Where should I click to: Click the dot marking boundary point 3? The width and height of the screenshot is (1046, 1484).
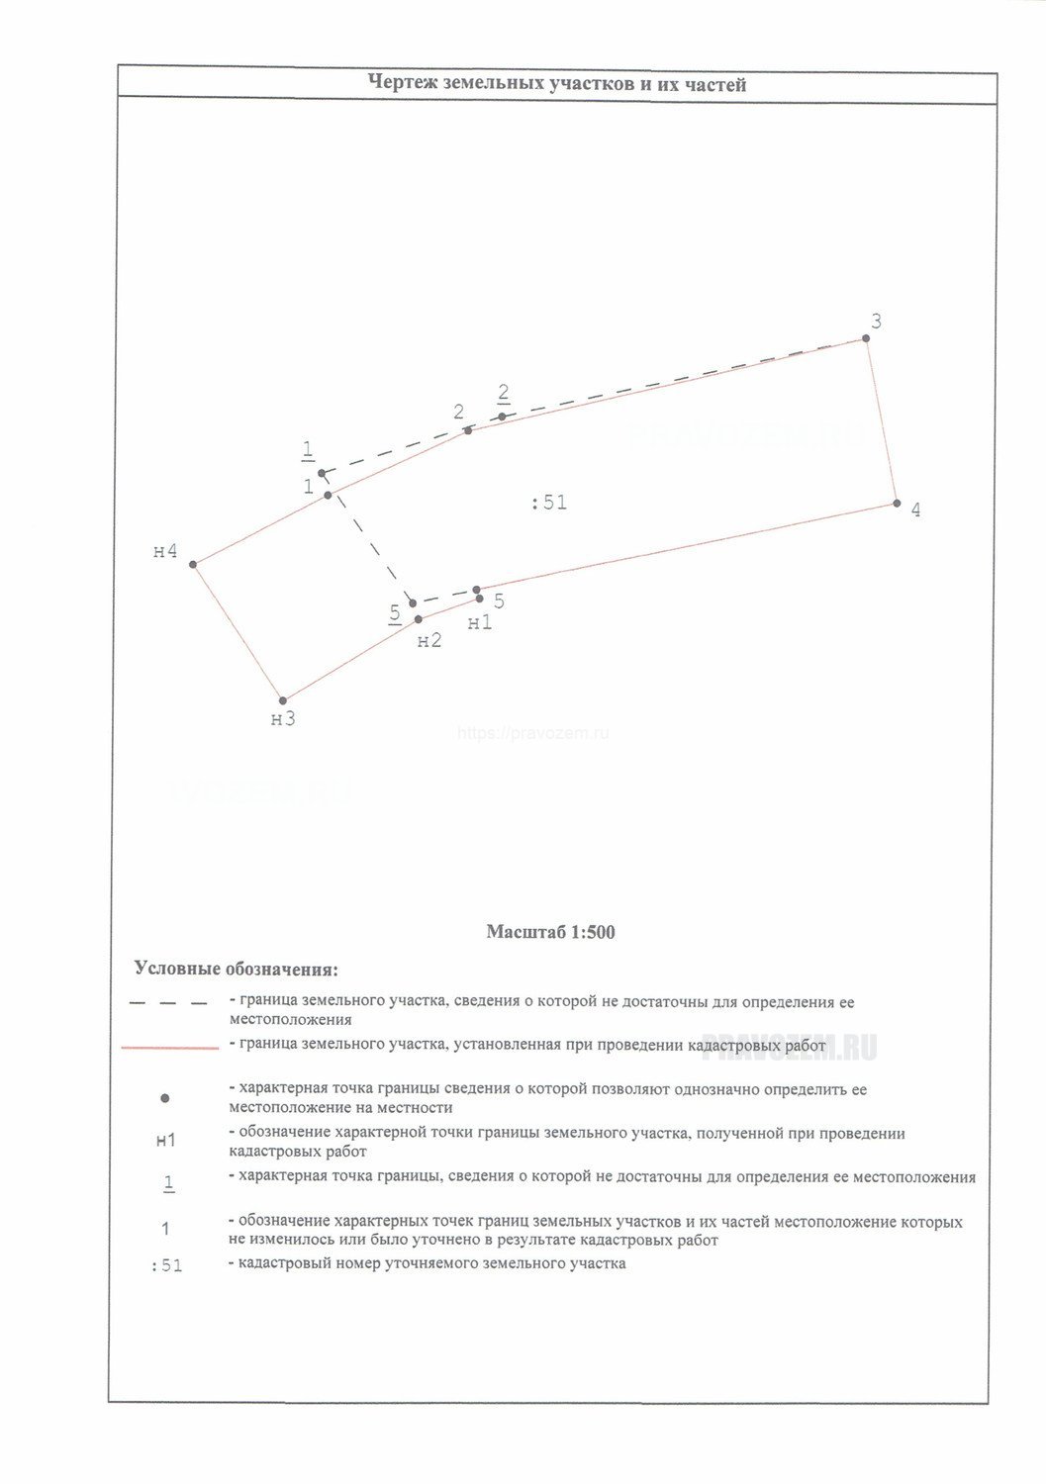(x=866, y=338)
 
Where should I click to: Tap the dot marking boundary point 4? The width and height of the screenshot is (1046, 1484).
(x=897, y=504)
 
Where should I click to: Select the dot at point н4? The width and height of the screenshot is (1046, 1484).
(x=194, y=565)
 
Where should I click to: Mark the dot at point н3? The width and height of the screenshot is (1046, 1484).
(x=283, y=700)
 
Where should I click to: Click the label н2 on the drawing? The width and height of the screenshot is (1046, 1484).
(x=429, y=641)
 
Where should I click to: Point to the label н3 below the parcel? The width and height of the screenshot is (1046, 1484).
(x=283, y=719)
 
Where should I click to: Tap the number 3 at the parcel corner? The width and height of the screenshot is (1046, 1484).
(x=876, y=322)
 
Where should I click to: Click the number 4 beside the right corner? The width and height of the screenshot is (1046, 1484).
(x=915, y=510)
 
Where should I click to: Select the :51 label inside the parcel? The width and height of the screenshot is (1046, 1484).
(x=549, y=503)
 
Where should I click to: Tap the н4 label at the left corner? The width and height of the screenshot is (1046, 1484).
(x=165, y=551)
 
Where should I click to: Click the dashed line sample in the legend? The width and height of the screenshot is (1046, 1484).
(x=168, y=1003)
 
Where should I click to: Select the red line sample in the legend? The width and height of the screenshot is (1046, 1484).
(x=169, y=1047)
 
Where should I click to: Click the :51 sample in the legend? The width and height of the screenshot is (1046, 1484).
(x=166, y=1265)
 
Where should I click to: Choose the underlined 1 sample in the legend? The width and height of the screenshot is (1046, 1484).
(x=168, y=1182)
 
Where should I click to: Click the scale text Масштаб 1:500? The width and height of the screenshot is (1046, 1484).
(x=550, y=932)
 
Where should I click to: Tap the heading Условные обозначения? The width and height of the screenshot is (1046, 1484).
(x=236, y=968)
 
